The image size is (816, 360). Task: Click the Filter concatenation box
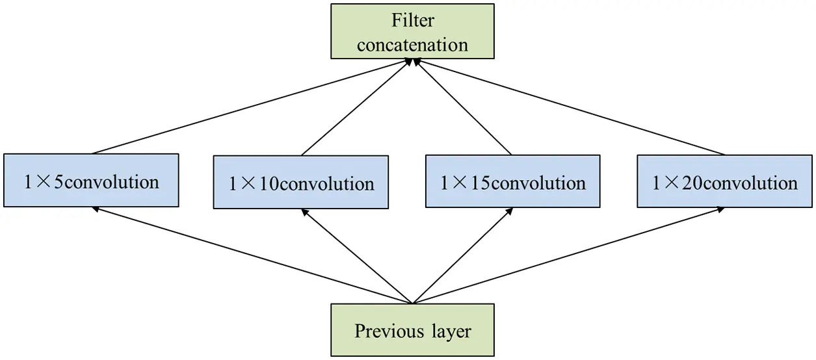click(412, 31)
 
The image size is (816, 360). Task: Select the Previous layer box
click(412, 330)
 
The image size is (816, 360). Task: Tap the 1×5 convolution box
click(91, 181)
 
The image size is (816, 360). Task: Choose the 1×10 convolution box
click(301, 183)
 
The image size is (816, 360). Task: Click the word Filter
click(412, 20)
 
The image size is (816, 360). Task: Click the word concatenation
click(412, 45)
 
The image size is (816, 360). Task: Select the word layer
click(451, 331)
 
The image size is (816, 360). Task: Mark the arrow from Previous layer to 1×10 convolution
click(356, 255)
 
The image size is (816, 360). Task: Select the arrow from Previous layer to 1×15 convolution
click(462, 255)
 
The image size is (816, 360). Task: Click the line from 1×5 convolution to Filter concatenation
click(252, 107)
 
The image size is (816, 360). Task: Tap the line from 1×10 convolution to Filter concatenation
click(356, 107)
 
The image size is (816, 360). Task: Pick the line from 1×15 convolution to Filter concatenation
click(462, 107)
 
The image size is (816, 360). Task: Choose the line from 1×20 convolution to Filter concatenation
click(568, 107)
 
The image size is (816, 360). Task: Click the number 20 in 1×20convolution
click(692, 183)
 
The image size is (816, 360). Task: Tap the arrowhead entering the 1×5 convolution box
click(96, 209)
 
